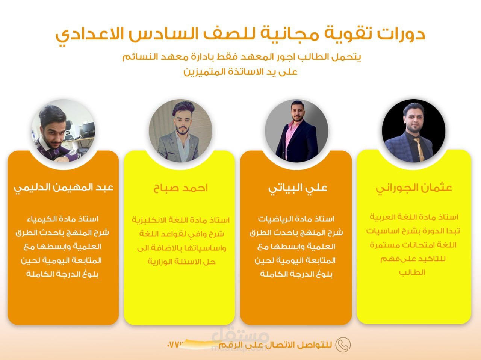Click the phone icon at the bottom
click(x=343, y=345)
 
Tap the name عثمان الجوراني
click(x=414, y=188)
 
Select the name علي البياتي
click(x=298, y=188)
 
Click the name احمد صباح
click(x=180, y=188)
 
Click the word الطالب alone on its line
click(x=412, y=272)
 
